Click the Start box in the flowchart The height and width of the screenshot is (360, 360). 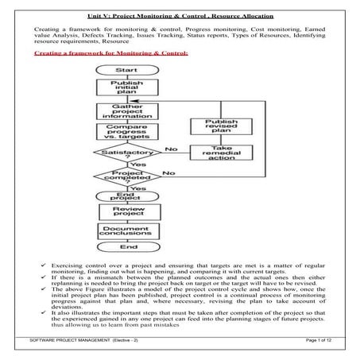[121, 71]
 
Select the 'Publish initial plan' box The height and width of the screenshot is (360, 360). [121, 89]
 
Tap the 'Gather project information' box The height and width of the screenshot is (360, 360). [121, 110]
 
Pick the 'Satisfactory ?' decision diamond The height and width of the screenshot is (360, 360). [121, 153]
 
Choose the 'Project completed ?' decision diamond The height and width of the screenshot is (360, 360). [121, 176]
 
